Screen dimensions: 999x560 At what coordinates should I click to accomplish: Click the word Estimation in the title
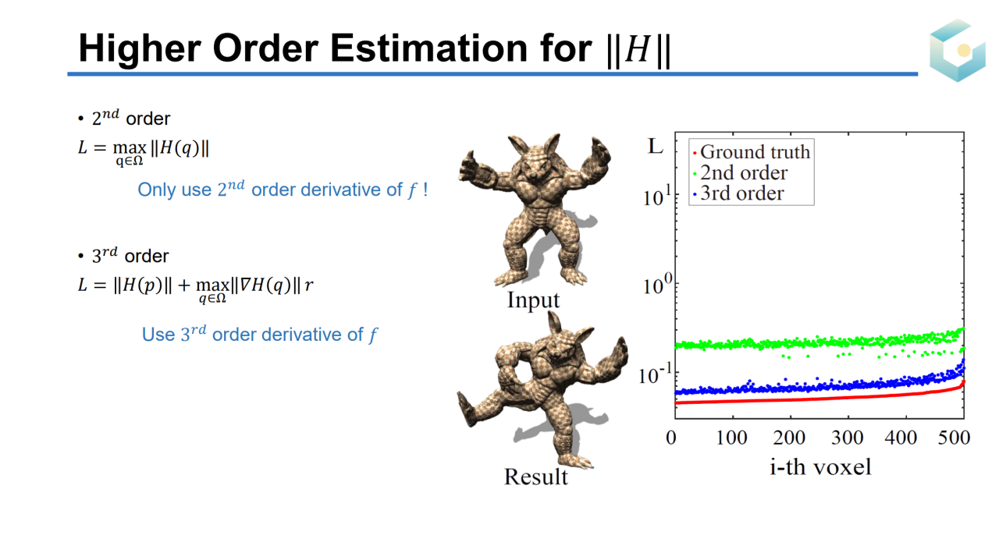coord(429,48)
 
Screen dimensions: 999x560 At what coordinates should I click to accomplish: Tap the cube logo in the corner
coord(958,51)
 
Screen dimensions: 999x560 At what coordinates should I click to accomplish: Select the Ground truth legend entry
coord(752,152)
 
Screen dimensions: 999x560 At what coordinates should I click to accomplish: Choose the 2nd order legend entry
coord(741,173)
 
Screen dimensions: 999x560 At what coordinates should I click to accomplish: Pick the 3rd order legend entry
coord(738,193)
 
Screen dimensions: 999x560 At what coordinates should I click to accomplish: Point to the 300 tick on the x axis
coord(848,438)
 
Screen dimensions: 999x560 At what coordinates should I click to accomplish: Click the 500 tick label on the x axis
coord(954,438)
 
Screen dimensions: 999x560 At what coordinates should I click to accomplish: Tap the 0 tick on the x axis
coord(671,438)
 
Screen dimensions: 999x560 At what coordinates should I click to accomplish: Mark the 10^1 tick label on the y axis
coord(656,197)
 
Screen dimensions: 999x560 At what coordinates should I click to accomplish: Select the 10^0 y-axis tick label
coord(656,285)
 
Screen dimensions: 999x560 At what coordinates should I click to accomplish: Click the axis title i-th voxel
coord(820,467)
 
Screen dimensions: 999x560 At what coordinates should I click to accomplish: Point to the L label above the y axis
coord(655,147)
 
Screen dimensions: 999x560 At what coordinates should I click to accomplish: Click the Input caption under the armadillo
coord(533,300)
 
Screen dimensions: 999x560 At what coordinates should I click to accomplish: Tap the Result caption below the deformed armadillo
coord(535,477)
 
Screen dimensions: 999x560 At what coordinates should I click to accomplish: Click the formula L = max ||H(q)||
coord(144,151)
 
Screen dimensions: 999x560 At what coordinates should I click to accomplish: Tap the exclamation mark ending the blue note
coord(425,190)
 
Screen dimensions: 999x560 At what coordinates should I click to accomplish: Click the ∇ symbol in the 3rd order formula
coord(244,285)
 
